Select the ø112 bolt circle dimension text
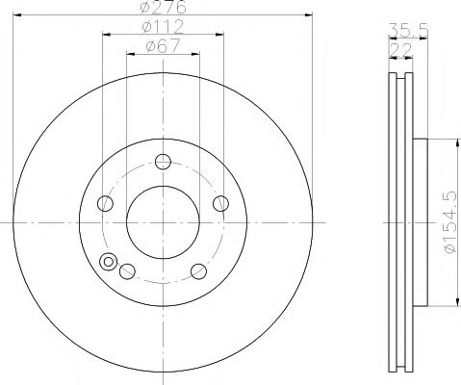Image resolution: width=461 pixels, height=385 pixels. click(x=162, y=25)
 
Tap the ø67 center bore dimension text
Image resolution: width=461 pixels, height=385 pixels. click(x=162, y=44)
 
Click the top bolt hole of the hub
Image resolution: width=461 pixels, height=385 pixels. click(x=163, y=161)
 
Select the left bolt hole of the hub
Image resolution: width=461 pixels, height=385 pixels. click(x=105, y=202)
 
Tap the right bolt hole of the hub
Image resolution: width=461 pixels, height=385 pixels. click(x=220, y=202)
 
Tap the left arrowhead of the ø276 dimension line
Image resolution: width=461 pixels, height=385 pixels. click(x=16, y=14)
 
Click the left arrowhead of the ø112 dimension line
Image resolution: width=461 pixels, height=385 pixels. click(x=104, y=34)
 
